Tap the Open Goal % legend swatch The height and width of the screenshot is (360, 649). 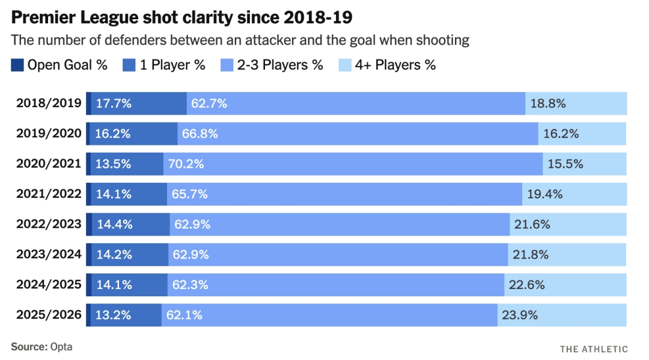pyautogui.click(x=17, y=65)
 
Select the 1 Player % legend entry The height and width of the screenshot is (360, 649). pyautogui.click(x=164, y=65)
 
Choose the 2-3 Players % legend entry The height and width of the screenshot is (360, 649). pyautogui.click(x=272, y=65)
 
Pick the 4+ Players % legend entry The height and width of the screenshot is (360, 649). pyautogui.click(x=387, y=65)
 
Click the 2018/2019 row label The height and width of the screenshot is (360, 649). pyautogui.click(x=49, y=103)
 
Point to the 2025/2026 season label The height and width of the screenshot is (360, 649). pyautogui.click(x=49, y=315)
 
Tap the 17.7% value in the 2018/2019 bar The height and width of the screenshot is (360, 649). pyautogui.click(x=114, y=103)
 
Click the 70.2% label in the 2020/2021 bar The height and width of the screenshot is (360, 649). pyautogui.click(x=186, y=164)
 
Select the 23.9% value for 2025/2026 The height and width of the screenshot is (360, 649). pyautogui.click(x=520, y=315)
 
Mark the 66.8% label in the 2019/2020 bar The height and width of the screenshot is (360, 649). pyautogui.click(x=200, y=133)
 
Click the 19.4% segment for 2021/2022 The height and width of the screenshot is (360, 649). pyautogui.click(x=574, y=194)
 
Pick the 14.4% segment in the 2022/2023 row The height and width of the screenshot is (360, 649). pyautogui.click(x=130, y=224)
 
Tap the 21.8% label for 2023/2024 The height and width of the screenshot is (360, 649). pyautogui.click(x=531, y=254)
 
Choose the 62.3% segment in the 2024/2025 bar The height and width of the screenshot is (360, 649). pyautogui.click(x=336, y=285)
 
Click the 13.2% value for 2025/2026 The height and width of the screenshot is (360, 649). pyautogui.click(x=113, y=315)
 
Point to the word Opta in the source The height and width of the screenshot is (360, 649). pyautogui.click(x=61, y=347)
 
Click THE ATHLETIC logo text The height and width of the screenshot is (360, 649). pyautogui.click(x=594, y=349)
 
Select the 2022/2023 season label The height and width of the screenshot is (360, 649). pyautogui.click(x=49, y=224)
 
